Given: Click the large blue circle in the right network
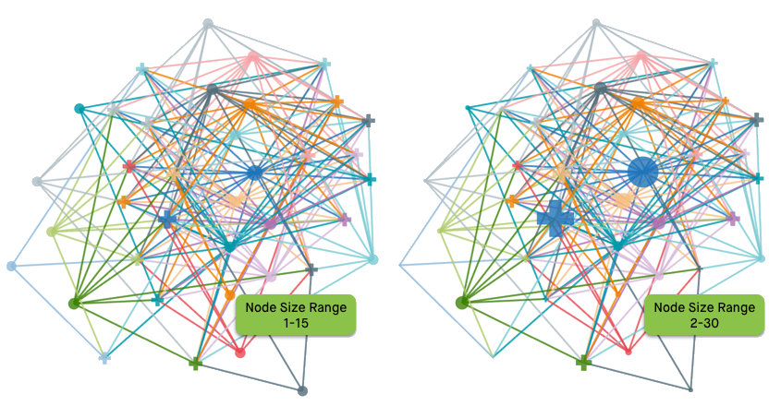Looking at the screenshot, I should point(641,172).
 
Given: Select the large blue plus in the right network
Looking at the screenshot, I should point(555,219).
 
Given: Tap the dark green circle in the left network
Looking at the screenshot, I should point(74,303).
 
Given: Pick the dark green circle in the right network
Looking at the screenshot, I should point(462,302).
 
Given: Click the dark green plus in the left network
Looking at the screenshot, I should point(195,364).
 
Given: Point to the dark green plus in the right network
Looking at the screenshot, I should point(583,363).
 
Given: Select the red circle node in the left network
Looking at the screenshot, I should point(240,352).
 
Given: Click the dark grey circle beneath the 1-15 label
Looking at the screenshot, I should point(302,391).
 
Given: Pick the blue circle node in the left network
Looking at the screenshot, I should point(254,173).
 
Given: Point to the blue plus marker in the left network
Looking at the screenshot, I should point(166,219).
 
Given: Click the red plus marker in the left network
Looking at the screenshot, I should point(129,166).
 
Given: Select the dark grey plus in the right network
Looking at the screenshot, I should point(756,120).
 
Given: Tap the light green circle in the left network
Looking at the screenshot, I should point(52,232).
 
